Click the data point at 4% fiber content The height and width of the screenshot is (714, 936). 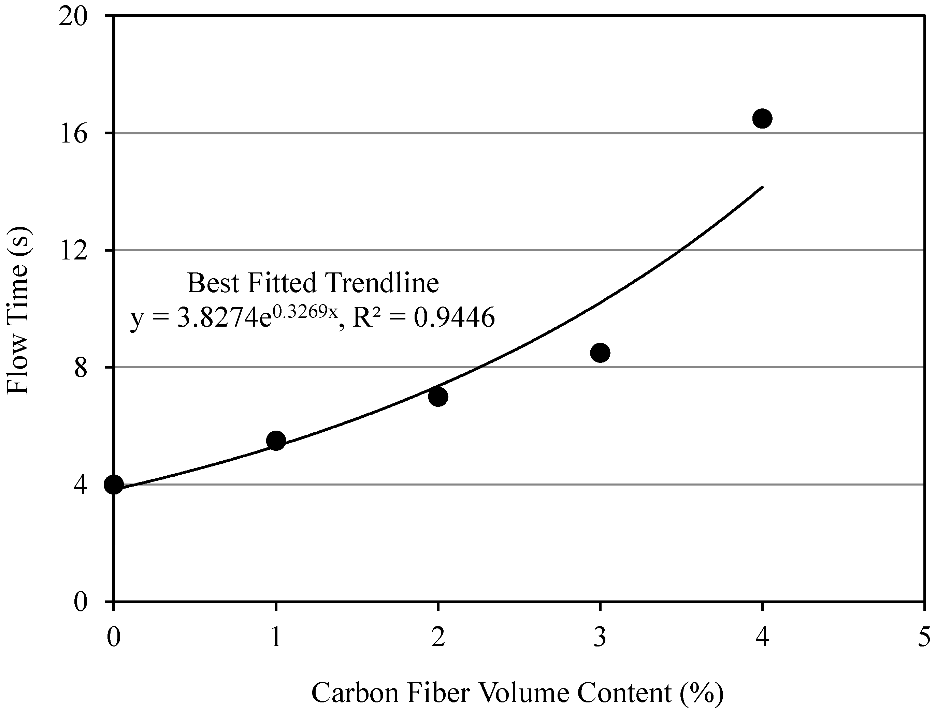pos(762,118)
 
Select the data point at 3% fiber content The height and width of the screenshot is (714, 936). pos(600,353)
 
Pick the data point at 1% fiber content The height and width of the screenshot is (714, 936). pos(276,441)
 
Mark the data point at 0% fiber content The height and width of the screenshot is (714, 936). pos(114,485)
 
